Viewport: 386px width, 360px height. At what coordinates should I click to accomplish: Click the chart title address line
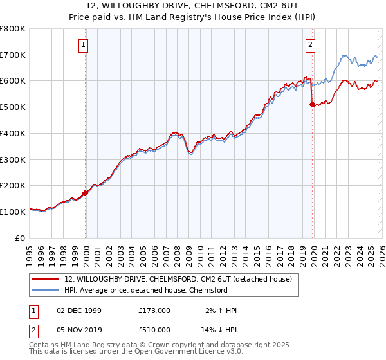192,6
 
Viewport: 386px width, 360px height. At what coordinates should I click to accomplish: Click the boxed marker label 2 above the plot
311,44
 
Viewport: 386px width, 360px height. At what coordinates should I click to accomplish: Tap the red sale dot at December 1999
86,192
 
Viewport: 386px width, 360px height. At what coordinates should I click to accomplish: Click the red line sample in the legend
46,279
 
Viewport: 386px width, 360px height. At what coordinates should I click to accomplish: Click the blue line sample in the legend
46,290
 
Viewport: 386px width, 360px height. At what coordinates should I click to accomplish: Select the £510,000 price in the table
154,329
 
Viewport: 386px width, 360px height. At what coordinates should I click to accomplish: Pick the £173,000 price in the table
154,310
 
